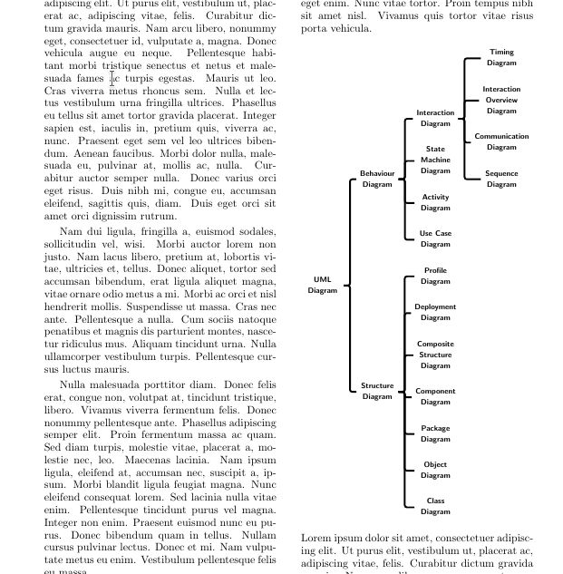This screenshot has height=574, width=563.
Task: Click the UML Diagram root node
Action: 322,285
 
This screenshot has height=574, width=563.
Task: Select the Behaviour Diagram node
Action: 377,179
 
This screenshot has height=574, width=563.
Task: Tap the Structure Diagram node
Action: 377,391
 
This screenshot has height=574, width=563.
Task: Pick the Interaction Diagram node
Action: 435,118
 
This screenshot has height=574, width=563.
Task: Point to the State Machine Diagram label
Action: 435,160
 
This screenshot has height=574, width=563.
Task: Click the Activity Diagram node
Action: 435,202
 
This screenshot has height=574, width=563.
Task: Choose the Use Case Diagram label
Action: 435,238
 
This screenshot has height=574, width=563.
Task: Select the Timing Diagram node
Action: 501,57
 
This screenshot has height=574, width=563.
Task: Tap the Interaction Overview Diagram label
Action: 501,100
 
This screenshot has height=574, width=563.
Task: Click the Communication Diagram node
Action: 501,141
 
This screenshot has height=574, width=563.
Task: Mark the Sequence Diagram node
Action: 501,179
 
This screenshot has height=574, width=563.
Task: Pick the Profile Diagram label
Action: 435,276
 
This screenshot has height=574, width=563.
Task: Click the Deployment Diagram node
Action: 435,312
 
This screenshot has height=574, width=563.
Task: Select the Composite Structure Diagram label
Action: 435,355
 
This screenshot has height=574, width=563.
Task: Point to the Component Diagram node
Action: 435,396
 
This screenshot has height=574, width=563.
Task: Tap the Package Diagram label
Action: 435,433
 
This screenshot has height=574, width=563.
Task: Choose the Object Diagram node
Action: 435,470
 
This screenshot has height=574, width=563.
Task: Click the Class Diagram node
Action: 435,506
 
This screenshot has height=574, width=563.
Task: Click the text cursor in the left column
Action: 112,80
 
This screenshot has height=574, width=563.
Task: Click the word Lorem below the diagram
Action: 316,538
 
